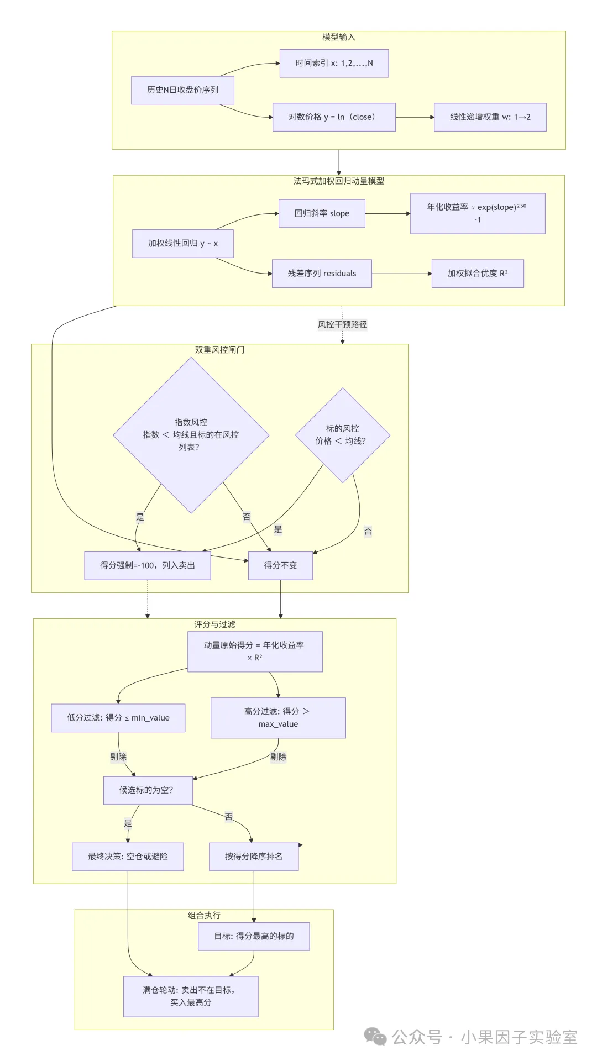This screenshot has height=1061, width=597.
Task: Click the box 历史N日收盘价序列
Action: point(182,90)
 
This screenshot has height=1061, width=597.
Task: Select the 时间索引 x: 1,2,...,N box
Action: point(334,63)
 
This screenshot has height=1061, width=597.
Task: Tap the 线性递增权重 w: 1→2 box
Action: point(490,117)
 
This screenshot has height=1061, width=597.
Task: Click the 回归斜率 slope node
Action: point(322,213)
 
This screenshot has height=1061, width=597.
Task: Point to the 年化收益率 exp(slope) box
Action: point(478,213)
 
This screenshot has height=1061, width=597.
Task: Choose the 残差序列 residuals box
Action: point(322,274)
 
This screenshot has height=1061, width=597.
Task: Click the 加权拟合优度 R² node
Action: point(478,274)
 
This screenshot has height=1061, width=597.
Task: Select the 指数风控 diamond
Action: point(191,435)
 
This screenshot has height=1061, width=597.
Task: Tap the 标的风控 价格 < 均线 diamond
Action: point(343,435)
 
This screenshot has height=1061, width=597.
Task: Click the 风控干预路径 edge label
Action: point(342,324)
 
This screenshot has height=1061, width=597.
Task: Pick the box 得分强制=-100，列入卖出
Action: point(148,565)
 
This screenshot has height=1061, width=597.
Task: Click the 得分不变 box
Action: point(280,565)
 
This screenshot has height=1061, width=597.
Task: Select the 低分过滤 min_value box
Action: point(118,718)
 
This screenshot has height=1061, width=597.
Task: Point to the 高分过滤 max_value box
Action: point(278,718)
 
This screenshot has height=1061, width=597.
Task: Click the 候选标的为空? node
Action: point(148,790)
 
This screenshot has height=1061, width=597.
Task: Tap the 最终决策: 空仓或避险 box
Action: point(128,857)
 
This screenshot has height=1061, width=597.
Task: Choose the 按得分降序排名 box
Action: point(254,857)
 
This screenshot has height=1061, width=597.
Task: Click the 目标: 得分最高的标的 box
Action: point(254,936)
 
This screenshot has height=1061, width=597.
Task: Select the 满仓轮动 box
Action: point(191,996)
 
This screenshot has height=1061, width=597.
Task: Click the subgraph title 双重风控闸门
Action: point(219,350)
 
